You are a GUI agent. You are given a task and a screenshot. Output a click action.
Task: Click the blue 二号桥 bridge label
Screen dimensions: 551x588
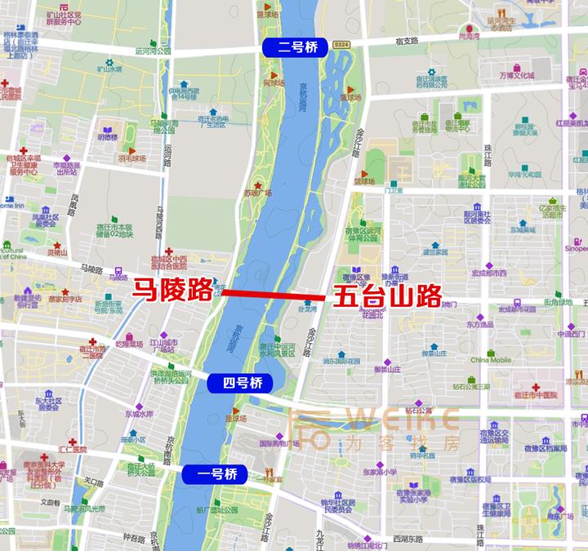(x=292, y=47)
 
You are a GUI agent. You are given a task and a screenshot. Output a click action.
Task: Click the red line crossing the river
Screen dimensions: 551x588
(x=274, y=295)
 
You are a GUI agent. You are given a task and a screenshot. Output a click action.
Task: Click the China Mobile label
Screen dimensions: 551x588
(x=490, y=359)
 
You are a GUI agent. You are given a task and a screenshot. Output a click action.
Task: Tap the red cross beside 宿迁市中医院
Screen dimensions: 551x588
(x=535, y=386)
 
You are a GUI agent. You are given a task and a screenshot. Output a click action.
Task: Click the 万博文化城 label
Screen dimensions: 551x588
(x=517, y=75)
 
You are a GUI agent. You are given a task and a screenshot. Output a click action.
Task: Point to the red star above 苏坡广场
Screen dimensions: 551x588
(x=261, y=182)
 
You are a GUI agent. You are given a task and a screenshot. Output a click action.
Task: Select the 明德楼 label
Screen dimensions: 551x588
(x=107, y=137)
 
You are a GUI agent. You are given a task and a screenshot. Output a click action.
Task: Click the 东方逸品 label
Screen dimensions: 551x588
(x=480, y=324)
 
